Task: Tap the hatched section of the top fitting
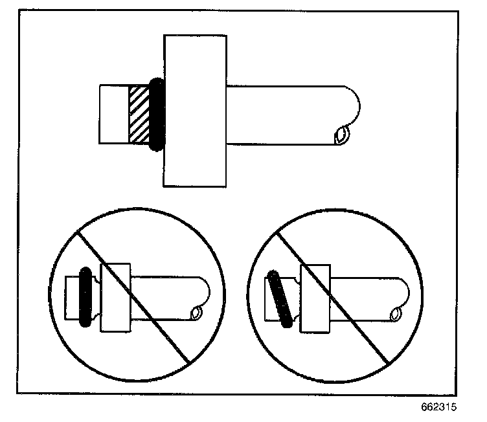click(139, 114)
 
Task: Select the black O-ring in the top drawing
click(156, 114)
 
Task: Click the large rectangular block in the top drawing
click(195, 111)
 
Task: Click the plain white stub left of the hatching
click(113, 114)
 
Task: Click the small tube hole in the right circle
click(394, 315)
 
